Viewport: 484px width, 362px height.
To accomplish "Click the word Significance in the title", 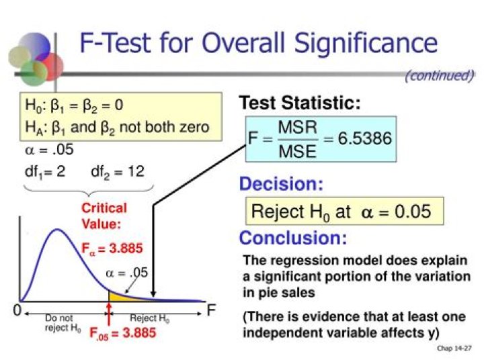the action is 366,44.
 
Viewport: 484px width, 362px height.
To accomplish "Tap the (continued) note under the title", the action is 440,75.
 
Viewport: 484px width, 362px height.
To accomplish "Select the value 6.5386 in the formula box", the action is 365,138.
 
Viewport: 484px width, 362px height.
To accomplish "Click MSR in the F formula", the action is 298,128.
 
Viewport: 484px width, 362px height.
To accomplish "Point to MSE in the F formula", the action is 298,151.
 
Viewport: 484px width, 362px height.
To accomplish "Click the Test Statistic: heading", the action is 300,103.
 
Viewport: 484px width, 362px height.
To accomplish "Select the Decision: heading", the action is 281,184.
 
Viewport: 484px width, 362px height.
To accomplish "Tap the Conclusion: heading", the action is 293,238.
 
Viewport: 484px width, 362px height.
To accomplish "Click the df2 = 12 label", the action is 118,171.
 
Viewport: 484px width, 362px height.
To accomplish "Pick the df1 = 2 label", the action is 45,171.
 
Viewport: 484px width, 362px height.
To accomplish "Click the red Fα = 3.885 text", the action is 112,248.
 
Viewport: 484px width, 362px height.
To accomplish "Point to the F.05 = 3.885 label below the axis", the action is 122,333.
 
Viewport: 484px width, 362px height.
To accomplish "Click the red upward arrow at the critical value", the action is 109,314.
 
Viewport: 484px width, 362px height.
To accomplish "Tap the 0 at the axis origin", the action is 17,310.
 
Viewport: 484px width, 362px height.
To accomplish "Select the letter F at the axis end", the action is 211,310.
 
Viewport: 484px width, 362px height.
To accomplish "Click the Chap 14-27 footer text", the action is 454,348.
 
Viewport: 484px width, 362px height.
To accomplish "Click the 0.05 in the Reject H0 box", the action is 413,212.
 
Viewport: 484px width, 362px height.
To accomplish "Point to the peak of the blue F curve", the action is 57,230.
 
